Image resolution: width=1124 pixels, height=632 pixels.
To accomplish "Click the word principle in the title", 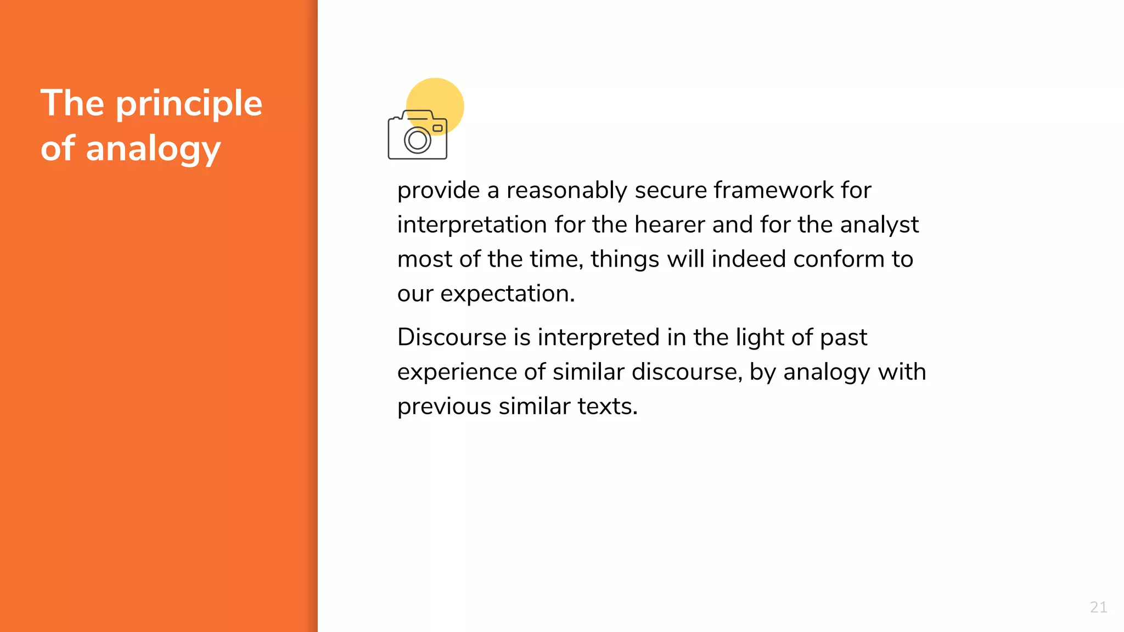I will coord(189,104).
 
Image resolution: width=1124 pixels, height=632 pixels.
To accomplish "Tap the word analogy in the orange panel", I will coord(153,149).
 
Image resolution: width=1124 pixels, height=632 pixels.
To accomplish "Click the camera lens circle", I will coord(418,140).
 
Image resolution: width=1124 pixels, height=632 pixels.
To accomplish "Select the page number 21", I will coord(1098,607).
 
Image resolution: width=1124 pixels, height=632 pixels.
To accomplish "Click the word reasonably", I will coord(566,191).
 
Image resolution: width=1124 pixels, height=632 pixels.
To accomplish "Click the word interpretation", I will coord(472,225).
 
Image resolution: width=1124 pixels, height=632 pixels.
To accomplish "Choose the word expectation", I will coord(507,294).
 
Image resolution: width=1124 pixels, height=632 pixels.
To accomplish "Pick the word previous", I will coord(444,407).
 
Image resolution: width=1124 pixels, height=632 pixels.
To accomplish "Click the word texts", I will coord(608,407).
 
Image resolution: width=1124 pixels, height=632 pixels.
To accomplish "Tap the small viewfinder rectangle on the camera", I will coord(437,128).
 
